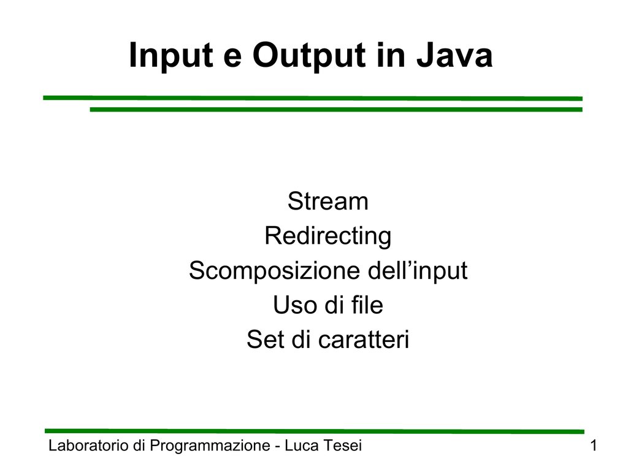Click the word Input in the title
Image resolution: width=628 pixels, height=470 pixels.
pos(171,56)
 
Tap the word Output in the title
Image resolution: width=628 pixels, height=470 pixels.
pos(309,56)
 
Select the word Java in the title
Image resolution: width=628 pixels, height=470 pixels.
pos(454,55)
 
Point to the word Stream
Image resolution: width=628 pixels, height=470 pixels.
pos(328,201)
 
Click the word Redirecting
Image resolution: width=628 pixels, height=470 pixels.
pos(328,236)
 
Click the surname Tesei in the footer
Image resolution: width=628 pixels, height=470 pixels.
pos(342,445)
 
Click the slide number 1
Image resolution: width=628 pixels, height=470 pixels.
pos(594,445)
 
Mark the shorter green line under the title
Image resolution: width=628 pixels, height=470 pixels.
pos(336,109)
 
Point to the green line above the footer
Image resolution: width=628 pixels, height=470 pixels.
pos(315,431)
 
